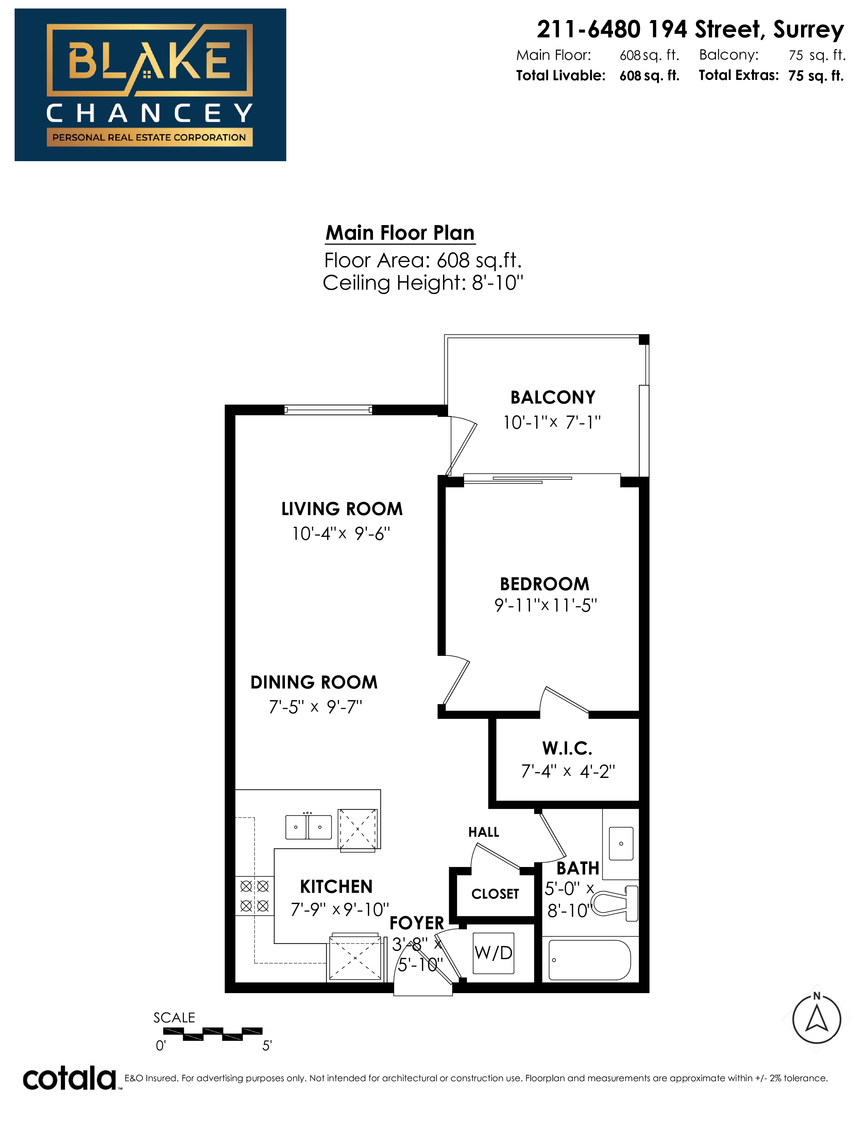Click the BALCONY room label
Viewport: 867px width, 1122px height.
coord(552,397)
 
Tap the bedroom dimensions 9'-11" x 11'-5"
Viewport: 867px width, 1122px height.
coord(545,605)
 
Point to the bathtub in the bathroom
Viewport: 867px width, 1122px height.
coord(590,960)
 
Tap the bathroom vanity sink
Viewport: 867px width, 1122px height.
coord(621,844)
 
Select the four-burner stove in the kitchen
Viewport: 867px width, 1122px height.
coord(255,896)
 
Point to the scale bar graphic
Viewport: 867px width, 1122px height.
coord(213,1034)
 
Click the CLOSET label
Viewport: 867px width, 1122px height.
coord(495,894)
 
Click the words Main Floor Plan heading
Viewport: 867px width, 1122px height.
coord(400,233)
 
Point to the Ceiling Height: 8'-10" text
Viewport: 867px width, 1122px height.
coord(423,283)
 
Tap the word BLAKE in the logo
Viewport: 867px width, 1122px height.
coord(149,60)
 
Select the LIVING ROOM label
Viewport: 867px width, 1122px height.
coord(342,509)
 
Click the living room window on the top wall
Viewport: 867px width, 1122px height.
coord(328,409)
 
